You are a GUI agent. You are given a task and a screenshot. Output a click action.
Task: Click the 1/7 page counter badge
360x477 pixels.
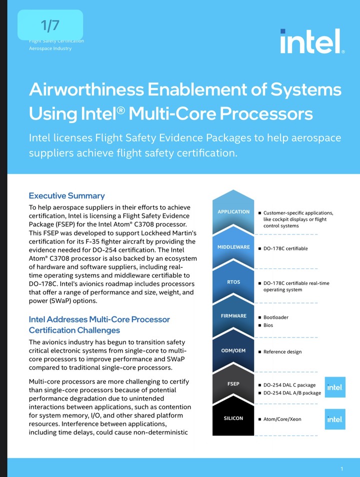pyautogui.click(x=50, y=24)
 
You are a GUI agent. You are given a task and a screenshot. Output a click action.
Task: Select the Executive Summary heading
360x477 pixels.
pyautogui.click(x=66, y=195)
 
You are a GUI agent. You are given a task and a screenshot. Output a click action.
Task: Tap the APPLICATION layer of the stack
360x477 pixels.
pyautogui.click(x=233, y=211)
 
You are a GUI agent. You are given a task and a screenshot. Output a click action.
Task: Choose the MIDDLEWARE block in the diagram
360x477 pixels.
pyautogui.click(x=233, y=247)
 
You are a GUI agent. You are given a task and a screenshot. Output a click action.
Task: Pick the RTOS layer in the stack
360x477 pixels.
pyautogui.click(x=233, y=282)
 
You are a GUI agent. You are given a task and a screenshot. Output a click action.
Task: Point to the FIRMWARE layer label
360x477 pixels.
pyautogui.click(x=233, y=316)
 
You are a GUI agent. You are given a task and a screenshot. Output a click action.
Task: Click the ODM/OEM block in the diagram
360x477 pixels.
pyautogui.click(x=233, y=350)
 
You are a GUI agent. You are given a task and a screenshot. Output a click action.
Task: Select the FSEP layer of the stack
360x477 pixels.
pyautogui.click(x=233, y=384)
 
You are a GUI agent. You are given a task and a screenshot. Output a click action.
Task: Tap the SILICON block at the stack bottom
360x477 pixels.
pyautogui.click(x=233, y=418)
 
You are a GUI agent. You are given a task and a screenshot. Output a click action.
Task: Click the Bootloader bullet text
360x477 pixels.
pyautogui.click(x=275, y=317)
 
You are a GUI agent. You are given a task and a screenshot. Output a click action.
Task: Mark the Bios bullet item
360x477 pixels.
pyautogui.click(x=268, y=325)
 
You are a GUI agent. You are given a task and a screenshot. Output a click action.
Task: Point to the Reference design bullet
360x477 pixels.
pyautogui.click(x=282, y=351)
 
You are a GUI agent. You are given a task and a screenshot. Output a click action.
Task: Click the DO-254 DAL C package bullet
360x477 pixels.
pyautogui.click(x=289, y=385)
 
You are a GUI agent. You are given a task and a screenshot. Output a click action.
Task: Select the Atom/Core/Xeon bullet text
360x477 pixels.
pyautogui.click(x=282, y=419)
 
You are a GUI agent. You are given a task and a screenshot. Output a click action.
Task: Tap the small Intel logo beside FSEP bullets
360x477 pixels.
pyautogui.click(x=334, y=387)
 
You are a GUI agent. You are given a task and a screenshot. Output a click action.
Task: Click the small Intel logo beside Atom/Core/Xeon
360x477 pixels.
pyautogui.click(x=334, y=419)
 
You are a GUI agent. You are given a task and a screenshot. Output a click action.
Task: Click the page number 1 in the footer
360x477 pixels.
pyautogui.click(x=341, y=468)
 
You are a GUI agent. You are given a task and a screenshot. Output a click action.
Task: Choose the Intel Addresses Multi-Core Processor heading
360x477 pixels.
pyautogui.click(x=99, y=319)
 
